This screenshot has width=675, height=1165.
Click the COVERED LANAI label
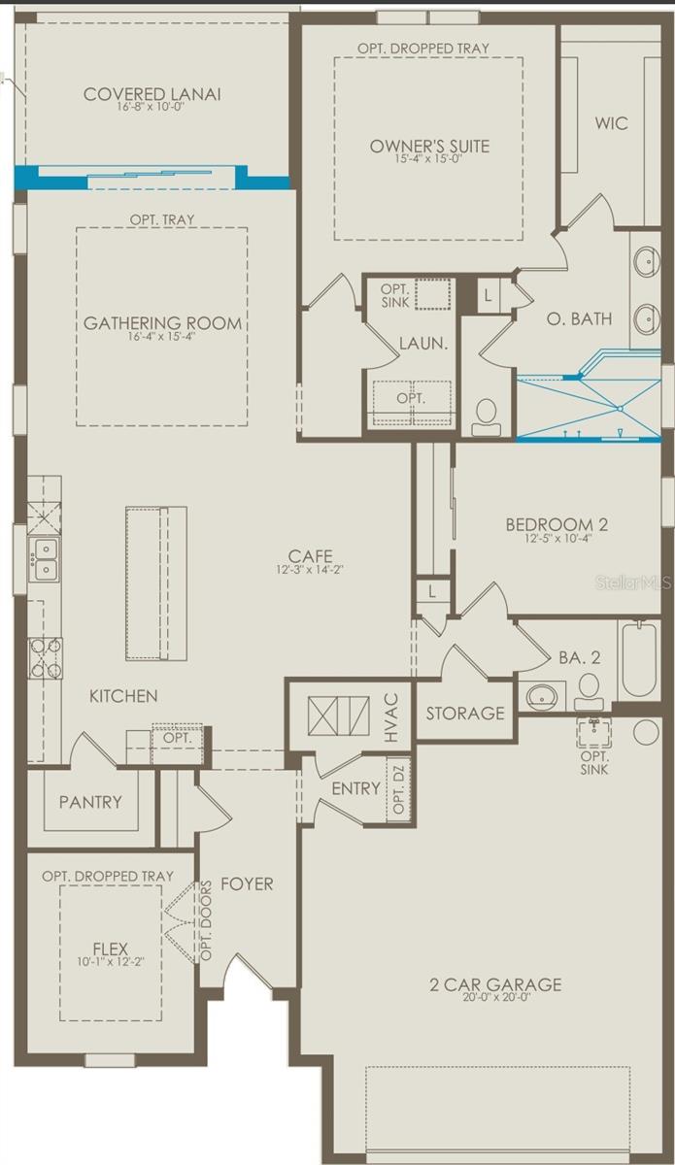(152, 94)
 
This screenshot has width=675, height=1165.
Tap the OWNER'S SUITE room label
(429, 147)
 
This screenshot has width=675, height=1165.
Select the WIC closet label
(611, 123)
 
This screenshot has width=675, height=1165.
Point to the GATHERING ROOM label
(162, 323)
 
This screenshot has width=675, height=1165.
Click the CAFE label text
(310, 555)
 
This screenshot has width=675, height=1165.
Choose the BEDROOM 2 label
(556, 525)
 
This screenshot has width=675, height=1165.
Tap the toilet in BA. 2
(589, 692)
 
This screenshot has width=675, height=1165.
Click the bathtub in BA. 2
(639, 660)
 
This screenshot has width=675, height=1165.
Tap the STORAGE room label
(465, 714)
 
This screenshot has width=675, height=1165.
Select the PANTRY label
(90, 802)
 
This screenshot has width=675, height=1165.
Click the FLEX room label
(110, 949)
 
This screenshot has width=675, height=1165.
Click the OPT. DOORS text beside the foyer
(206, 920)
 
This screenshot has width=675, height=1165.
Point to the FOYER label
(247, 884)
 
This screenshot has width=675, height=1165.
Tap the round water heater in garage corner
(646, 732)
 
